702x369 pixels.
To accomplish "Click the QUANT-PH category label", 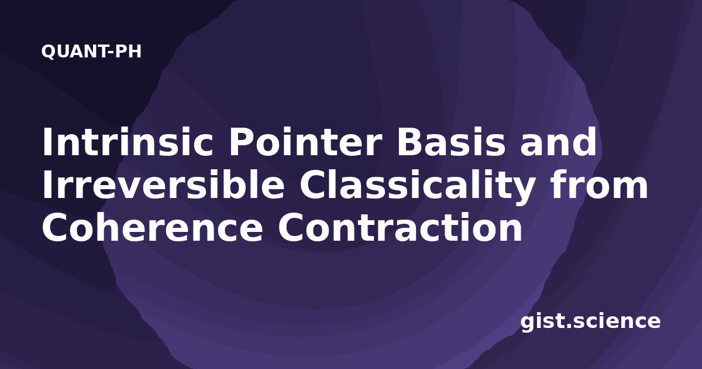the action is pyautogui.click(x=91, y=52).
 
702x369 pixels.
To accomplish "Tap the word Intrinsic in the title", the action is pyautogui.click(x=128, y=142).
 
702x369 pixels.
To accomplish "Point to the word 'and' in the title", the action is pyautogui.click(x=558, y=142).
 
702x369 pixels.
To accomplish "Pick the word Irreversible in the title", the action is pyautogui.click(x=163, y=184).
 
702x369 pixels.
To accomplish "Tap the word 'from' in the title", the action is pyautogui.click(x=599, y=184).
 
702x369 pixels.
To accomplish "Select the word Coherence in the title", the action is pyautogui.click(x=153, y=227).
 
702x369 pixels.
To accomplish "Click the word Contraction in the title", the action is pyautogui.click(x=400, y=227).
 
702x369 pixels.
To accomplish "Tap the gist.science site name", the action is pyautogui.click(x=590, y=322).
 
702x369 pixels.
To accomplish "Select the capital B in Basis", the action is pyautogui.click(x=409, y=142).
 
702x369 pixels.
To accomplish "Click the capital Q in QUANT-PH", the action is pyautogui.click(x=48, y=52).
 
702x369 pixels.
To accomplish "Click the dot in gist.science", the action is pyautogui.click(x=569, y=326).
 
